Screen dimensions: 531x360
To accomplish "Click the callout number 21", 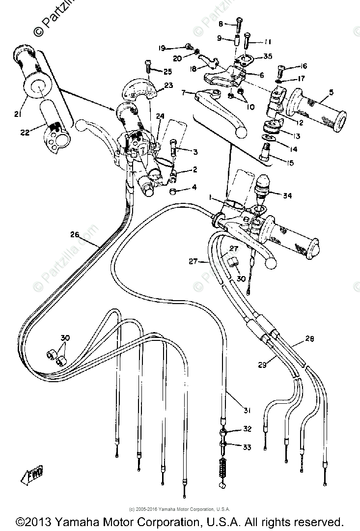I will pos(18,114).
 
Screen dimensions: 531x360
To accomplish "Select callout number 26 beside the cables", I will pos(75,235).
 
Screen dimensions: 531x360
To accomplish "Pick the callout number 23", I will pos(168,85).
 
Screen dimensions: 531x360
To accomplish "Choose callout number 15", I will pos(290,163).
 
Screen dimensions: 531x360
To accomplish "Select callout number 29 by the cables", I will pos(262,364).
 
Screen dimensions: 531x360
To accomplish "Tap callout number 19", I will pos(162,48).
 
